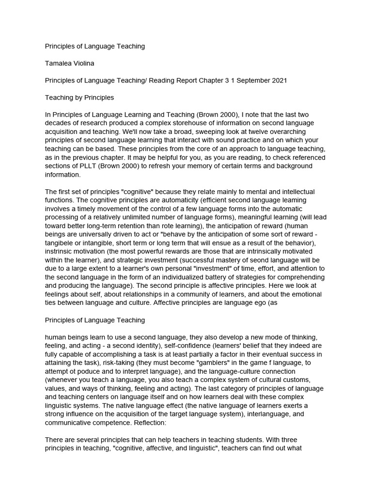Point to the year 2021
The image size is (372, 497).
(x=279, y=80)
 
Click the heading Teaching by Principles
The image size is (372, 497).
(x=79, y=97)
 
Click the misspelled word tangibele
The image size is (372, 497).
(x=63, y=242)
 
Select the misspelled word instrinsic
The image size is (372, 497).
(x=63, y=251)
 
